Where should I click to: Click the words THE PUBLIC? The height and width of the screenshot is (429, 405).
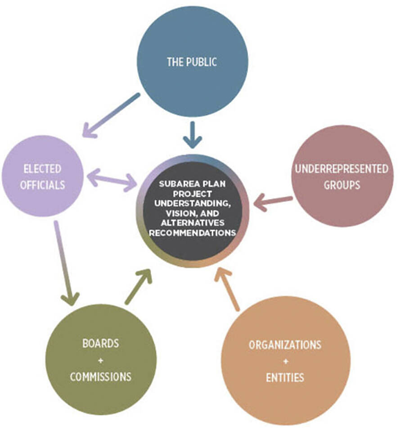[x=192, y=62]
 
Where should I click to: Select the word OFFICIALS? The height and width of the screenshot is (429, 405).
[x=42, y=185]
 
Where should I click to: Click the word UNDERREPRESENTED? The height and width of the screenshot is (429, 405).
[x=342, y=169]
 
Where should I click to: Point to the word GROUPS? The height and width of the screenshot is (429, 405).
[x=342, y=185]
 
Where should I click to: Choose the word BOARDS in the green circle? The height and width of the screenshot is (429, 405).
[x=101, y=344]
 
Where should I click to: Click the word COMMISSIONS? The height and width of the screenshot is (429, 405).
[x=101, y=376]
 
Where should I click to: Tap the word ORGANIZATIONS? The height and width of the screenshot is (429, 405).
[x=285, y=345]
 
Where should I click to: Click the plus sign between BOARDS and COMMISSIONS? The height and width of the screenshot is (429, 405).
[x=101, y=360]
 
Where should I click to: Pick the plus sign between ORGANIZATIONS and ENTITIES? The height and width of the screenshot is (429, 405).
[x=285, y=361]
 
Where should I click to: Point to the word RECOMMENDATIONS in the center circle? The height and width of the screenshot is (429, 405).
[x=192, y=233]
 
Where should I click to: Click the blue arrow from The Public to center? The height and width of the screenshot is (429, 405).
[x=192, y=135]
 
